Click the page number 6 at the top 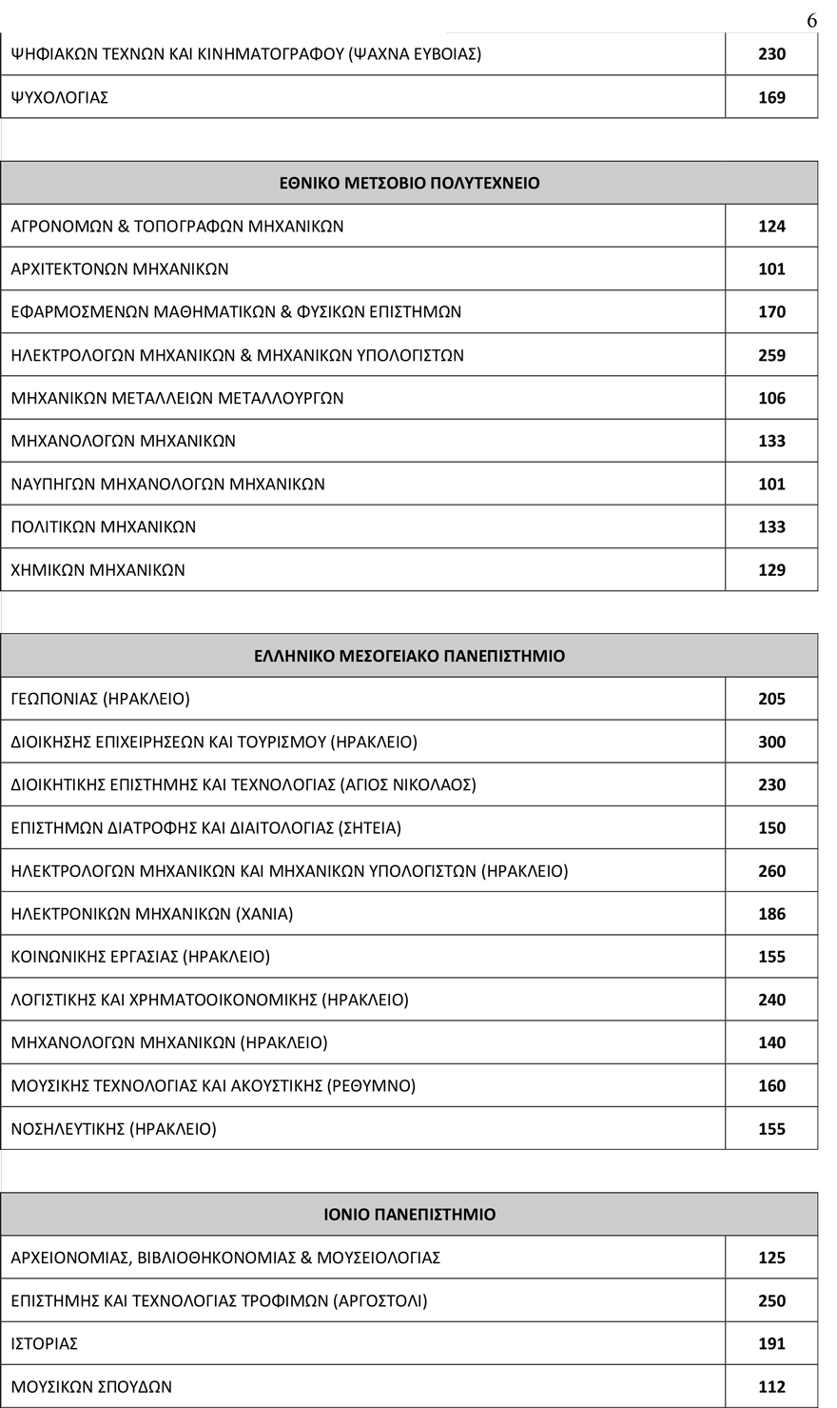pos(811,20)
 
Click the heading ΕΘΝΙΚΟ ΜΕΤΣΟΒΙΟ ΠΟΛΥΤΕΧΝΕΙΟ pos(409,183)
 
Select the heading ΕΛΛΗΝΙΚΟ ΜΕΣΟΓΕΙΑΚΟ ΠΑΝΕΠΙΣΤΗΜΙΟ pos(409,656)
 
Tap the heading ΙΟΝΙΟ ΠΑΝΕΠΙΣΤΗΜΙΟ pos(409,1215)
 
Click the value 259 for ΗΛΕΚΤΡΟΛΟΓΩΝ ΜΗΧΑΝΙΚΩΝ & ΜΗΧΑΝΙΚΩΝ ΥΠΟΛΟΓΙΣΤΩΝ pos(771,355)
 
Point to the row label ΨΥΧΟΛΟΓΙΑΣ pos(59,97)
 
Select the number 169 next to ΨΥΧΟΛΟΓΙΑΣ pos(771,97)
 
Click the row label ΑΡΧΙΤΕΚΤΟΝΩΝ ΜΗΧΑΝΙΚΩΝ pos(120,269)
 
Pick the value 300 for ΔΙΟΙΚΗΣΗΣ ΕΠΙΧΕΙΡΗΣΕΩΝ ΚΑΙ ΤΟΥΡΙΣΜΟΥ pos(771,742)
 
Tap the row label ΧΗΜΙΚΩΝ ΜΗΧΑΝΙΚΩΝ pos(98,570)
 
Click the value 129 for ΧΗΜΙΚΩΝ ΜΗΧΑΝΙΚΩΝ pos(771,570)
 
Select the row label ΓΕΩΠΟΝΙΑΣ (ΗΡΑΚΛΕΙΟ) pos(100,699)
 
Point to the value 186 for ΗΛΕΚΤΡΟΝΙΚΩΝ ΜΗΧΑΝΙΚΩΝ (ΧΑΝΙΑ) pos(771,914)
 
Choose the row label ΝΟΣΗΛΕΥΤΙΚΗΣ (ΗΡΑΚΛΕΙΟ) pos(113,1129)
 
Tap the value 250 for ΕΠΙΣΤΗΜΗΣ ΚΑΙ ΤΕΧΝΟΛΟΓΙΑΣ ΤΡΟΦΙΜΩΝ pos(771,1300)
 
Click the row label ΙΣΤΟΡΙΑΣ pos(44,1343)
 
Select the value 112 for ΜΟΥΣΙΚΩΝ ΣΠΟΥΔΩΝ pos(771,1386)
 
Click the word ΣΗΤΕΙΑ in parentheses pos(369,828)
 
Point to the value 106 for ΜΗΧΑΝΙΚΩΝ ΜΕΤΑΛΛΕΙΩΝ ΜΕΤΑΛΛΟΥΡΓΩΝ pos(771,398)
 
